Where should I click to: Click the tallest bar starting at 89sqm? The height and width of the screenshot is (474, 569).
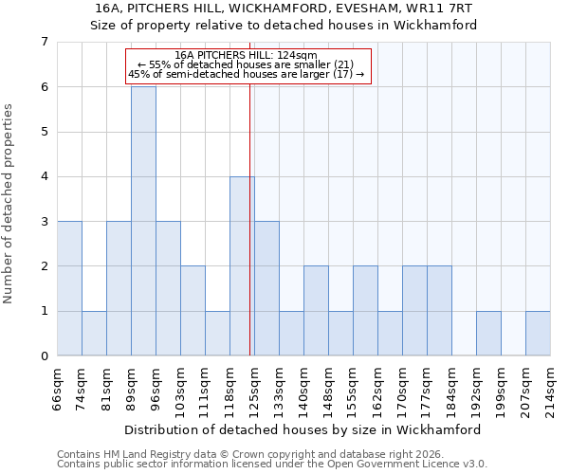coord(143,221)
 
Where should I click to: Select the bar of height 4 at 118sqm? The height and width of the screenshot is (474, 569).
coord(242,265)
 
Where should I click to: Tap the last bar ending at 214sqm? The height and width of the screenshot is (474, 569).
coord(538,333)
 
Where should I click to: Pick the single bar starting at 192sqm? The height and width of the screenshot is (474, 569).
coord(488,333)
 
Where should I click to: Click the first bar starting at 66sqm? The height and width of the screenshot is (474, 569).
coord(69,288)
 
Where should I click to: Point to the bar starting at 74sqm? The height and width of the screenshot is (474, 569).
coord(94,333)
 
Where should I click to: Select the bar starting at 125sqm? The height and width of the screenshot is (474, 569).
coord(266,288)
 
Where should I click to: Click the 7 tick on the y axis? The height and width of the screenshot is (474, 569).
coord(44,42)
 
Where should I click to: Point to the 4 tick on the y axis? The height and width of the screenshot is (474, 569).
coord(44,176)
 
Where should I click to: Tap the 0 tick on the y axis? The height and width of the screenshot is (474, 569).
coord(44,355)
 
